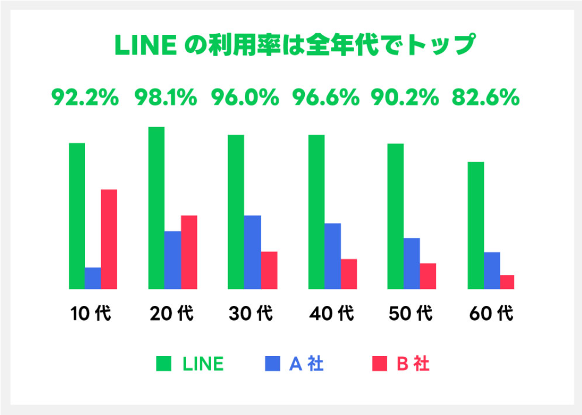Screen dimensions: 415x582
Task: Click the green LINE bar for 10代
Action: pyautogui.click(x=77, y=215)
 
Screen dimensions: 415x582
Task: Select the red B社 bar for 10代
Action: pyautogui.click(x=109, y=239)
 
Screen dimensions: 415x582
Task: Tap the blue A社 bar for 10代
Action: pyautogui.click(x=93, y=278)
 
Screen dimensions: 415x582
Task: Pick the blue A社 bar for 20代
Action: pyautogui.click(x=172, y=260)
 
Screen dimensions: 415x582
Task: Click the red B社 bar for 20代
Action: pyautogui.click(x=189, y=252)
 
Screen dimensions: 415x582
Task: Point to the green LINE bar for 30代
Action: pyautogui.click(x=236, y=212)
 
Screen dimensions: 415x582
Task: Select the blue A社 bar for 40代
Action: pyautogui.click(x=333, y=256)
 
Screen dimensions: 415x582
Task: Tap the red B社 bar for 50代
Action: pyautogui.click(x=428, y=276)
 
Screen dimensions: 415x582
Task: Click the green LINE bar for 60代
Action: pyautogui.click(x=476, y=225)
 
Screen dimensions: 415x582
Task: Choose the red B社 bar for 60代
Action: pyautogui.click(x=507, y=282)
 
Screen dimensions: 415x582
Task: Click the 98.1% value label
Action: pyautogui.click(x=166, y=98)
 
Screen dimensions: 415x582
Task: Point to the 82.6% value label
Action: pyautogui.click(x=485, y=98)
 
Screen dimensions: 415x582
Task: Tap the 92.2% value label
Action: pyautogui.click(x=85, y=98)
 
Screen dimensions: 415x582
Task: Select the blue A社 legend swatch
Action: pyautogui.click(x=272, y=363)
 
